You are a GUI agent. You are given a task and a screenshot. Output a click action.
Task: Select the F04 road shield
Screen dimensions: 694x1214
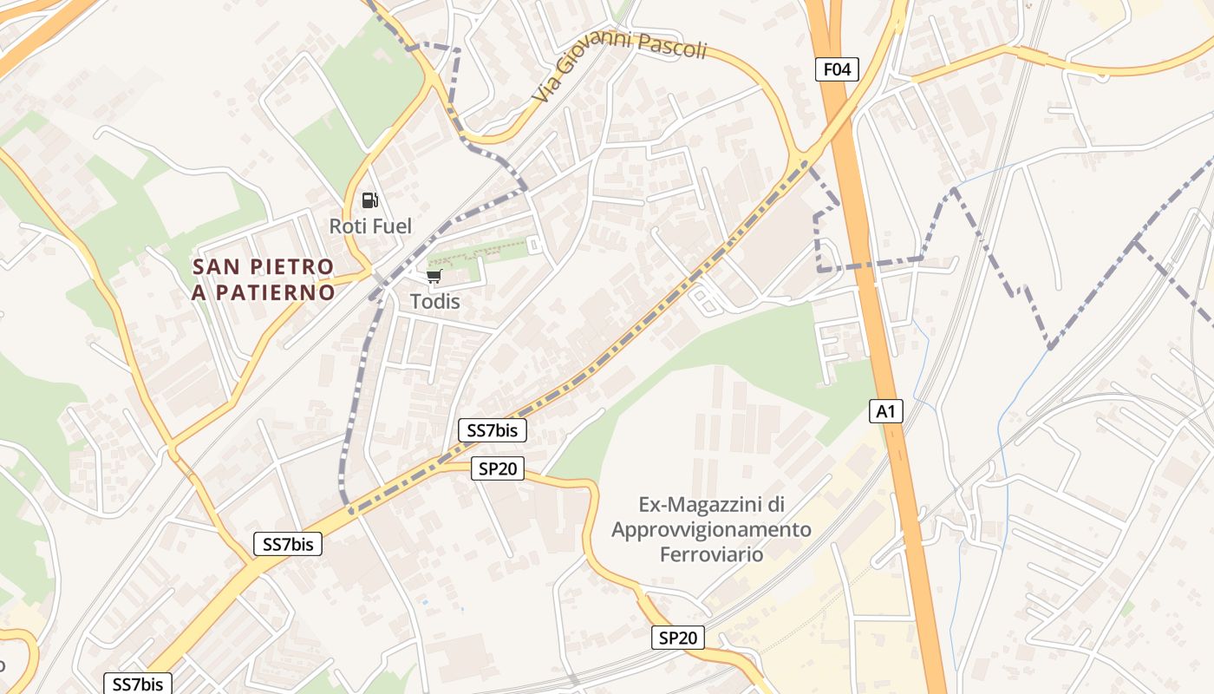837,69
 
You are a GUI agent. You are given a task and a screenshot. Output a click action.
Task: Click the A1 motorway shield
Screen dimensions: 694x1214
886,411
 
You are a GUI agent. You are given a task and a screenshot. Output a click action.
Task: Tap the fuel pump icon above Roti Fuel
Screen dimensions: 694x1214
370,200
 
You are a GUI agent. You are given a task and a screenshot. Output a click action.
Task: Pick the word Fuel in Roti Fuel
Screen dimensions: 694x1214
391,226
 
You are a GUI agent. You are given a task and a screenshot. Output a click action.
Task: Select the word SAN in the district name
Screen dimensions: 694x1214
213,266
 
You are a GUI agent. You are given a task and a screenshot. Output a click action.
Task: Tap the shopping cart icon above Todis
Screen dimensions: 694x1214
434,277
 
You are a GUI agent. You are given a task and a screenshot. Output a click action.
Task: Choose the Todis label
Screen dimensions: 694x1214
434,302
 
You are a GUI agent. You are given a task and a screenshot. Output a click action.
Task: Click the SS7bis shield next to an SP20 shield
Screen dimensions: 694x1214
492,429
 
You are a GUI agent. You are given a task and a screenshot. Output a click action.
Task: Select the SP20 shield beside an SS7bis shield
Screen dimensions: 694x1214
499,469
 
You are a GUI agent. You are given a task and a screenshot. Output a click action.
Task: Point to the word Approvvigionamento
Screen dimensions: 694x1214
711,529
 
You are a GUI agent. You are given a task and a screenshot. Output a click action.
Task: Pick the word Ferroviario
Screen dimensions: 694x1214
711,554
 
